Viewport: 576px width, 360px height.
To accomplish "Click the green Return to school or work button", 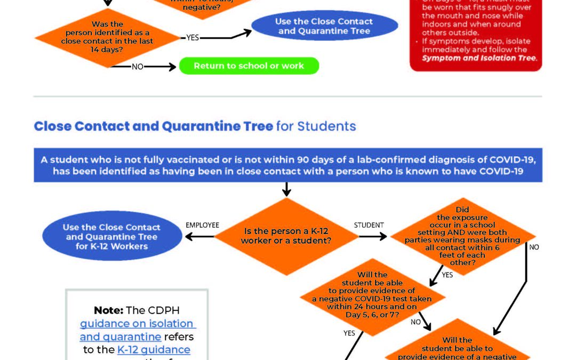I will click(249, 66).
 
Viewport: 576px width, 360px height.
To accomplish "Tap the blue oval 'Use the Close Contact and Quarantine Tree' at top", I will click(324, 26).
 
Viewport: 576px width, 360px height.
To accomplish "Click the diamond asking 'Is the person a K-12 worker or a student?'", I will click(286, 236).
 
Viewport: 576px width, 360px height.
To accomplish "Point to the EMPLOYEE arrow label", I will click(202, 225).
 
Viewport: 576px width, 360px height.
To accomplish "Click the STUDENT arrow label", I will click(369, 225).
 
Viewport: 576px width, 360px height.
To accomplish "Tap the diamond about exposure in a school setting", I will click(462, 236).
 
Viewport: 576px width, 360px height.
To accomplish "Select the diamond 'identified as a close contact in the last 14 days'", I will click(107, 37).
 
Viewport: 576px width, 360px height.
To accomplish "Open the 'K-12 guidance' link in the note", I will click(154, 349).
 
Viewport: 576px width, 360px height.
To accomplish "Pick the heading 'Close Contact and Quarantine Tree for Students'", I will click(195, 126).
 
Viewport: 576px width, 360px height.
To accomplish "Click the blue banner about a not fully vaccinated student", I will click(287, 165).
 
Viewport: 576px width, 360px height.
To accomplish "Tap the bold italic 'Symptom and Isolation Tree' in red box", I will click(479, 58).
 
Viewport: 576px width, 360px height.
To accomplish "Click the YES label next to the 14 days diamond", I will click(193, 37).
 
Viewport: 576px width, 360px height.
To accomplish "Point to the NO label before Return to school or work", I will click(138, 67).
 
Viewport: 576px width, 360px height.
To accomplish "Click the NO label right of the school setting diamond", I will click(534, 247).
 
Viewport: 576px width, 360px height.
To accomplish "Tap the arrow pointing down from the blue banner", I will click(286, 189).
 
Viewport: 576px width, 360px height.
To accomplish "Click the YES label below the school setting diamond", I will click(447, 275).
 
